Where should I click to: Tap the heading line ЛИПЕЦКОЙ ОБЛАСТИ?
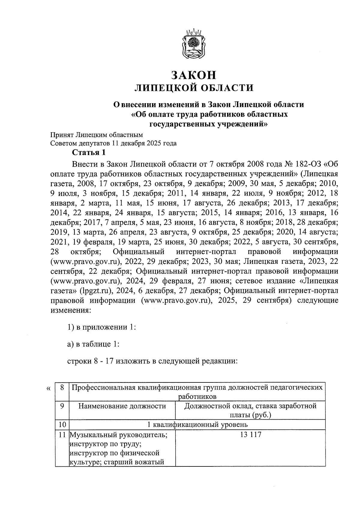pos(193,88)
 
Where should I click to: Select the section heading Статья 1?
pos(89,153)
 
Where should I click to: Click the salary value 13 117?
pos(250,435)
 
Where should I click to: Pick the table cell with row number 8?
pos(62,387)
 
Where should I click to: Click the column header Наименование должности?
pos(122,406)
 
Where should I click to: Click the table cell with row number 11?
pos(62,435)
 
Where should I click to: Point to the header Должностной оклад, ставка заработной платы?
pos(250,410)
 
